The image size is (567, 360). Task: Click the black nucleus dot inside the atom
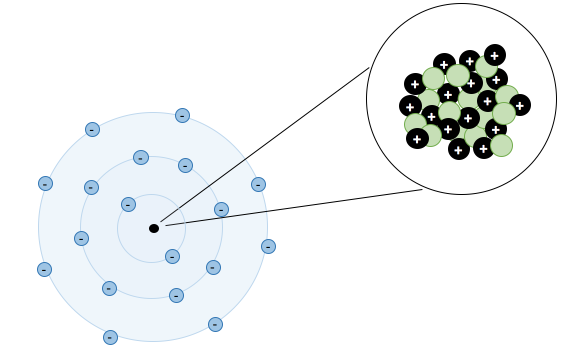154,228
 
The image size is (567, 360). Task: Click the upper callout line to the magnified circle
265,145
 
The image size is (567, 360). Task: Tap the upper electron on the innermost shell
128,204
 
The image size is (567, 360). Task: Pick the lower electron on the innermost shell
172,256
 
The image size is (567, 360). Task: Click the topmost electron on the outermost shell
182,115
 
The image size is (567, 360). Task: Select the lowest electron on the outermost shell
110,337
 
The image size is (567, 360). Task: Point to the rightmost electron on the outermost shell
268,246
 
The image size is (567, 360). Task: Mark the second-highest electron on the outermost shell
92,129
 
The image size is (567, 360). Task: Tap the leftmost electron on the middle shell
81,238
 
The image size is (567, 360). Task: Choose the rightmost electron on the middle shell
221,209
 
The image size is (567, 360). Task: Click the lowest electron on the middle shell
176,295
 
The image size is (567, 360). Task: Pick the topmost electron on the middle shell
141,157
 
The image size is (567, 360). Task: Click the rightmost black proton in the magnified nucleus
520,105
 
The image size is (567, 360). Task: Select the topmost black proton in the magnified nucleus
495,55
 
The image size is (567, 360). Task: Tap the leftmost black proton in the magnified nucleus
410,106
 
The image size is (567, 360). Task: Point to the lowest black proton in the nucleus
459,149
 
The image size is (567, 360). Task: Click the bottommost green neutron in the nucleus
501,145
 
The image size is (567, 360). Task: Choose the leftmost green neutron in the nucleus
415,124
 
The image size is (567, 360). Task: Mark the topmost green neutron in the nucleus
486,66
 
